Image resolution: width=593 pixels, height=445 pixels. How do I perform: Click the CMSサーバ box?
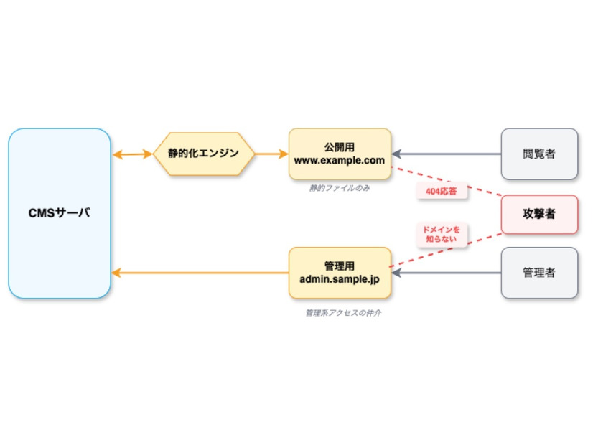pos(60,213)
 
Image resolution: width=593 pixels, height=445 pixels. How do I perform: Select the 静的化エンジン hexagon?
pos(204,154)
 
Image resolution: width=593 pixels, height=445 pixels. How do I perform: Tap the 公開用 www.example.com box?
pos(340,154)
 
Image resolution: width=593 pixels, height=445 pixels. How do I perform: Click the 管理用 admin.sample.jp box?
pos(340,273)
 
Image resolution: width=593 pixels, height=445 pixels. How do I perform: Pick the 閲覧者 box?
pos(538,154)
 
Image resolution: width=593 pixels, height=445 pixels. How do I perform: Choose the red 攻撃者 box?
pos(538,214)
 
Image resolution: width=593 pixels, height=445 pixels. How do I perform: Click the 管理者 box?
pos(538,273)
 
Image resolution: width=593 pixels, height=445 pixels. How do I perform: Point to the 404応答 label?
pos(441,192)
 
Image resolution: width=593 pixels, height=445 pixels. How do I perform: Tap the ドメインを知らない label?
pos(442,235)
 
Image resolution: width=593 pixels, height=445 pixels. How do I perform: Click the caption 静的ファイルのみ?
pos(340,188)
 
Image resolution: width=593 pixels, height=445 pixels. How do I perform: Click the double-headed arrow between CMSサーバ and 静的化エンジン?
pos(133,154)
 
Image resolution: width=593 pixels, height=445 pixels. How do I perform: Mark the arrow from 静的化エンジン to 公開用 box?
pos(271,154)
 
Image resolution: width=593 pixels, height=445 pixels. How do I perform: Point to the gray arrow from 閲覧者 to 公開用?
pos(445,154)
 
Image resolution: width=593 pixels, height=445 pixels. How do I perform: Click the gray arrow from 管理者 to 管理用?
pos(445,273)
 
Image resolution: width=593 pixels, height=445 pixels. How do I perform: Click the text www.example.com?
pos(340,160)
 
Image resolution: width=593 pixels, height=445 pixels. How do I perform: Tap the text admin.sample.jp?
pos(340,279)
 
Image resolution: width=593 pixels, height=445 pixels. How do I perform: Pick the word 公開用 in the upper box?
pos(340,146)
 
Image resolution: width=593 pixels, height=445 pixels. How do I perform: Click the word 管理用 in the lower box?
pos(340,266)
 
